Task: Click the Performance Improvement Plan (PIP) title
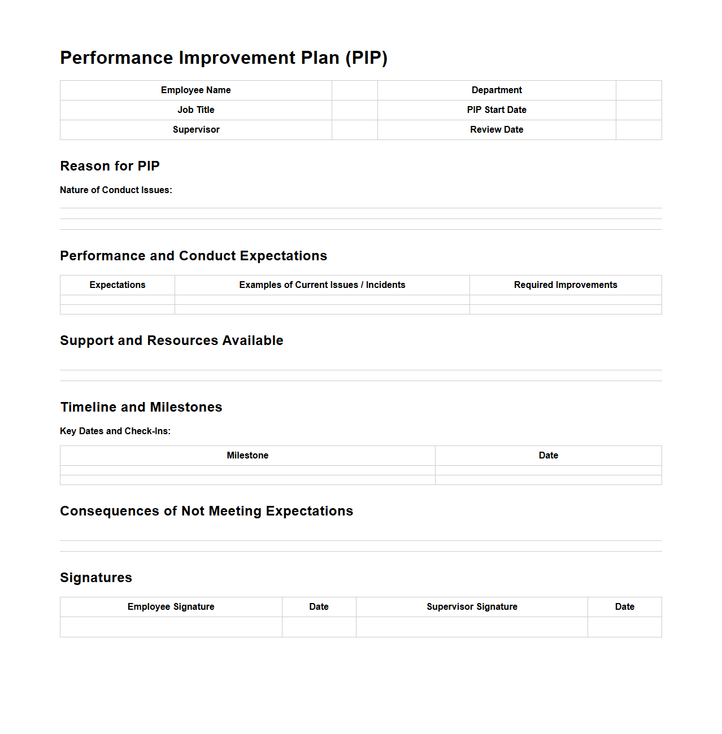[x=224, y=58]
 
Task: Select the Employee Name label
[x=195, y=90]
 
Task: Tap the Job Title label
[x=195, y=110]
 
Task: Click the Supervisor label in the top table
[x=195, y=130]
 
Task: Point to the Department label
[x=497, y=90]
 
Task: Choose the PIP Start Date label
[x=497, y=110]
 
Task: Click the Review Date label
[x=497, y=130]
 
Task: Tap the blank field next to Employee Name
[x=354, y=90]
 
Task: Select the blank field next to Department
[x=638, y=90]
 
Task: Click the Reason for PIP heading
[x=110, y=166]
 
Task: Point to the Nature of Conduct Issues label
[x=116, y=190]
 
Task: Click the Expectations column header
[x=118, y=285]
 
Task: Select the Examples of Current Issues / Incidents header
[x=322, y=285]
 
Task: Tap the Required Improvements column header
[x=566, y=285]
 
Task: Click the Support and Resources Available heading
[x=172, y=340]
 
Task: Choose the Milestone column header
[x=247, y=456]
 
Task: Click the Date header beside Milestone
[x=548, y=456]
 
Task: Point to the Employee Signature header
[x=171, y=607]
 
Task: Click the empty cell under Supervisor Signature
[x=472, y=627]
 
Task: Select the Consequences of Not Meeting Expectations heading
[x=206, y=511]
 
